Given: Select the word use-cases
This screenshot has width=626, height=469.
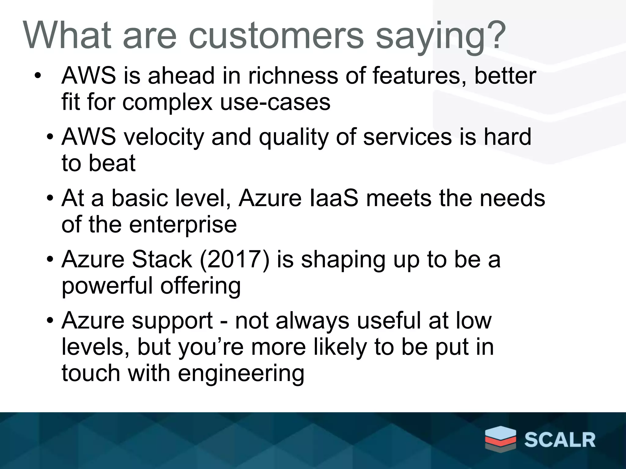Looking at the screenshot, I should pyautogui.click(x=275, y=102).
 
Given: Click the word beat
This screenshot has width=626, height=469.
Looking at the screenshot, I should pyautogui.click(x=112, y=163).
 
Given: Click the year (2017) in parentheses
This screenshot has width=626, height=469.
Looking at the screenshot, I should pyautogui.click(x=234, y=260).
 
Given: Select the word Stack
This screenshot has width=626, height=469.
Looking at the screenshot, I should pyautogui.click(x=162, y=260).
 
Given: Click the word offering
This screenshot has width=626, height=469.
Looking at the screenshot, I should pyautogui.click(x=201, y=286).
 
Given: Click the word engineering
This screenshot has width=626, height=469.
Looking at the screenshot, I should pyautogui.click(x=241, y=374).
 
